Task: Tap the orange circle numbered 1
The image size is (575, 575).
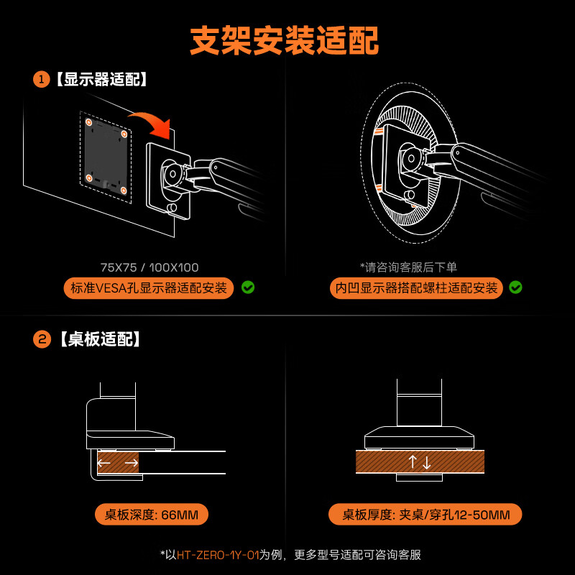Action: (x=41, y=79)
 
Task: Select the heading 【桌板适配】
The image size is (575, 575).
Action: (x=100, y=339)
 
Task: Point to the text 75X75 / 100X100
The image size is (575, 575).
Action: (x=149, y=267)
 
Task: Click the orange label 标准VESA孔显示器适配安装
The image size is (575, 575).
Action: (x=149, y=288)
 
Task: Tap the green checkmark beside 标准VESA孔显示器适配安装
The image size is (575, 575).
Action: (x=248, y=287)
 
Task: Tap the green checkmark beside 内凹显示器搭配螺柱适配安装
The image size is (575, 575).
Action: (x=515, y=287)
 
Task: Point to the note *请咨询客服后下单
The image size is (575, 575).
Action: (x=408, y=267)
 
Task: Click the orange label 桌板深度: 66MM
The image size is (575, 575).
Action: (x=152, y=515)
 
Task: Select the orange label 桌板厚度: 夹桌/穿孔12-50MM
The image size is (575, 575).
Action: (x=425, y=515)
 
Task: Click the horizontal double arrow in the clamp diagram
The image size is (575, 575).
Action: (x=118, y=463)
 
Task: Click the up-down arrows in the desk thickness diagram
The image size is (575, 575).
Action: (x=420, y=462)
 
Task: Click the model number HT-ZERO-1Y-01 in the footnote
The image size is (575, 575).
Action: (x=218, y=555)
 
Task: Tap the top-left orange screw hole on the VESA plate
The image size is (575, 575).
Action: (x=90, y=124)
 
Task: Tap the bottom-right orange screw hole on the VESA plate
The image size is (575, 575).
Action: (x=124, y=190)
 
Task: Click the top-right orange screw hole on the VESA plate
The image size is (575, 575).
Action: (x=124, y=134)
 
